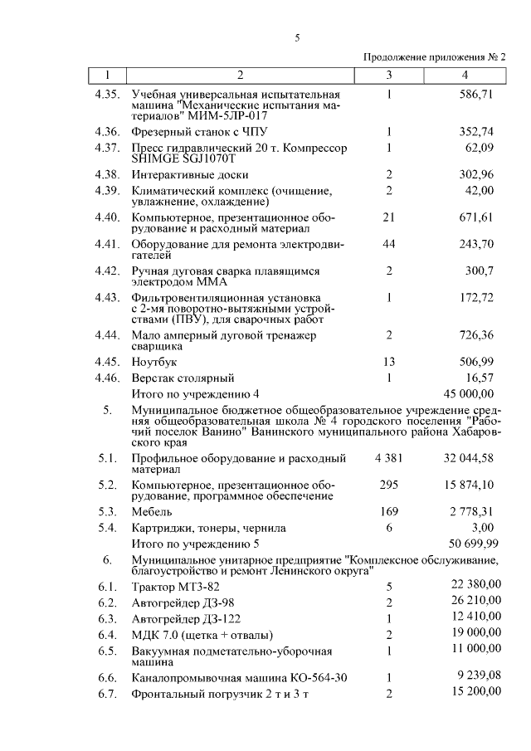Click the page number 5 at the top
(296, 37)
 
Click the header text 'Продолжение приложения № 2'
(435, 57)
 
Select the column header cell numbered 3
(388, 76)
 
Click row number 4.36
(108, 132)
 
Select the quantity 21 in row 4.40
(388, 217)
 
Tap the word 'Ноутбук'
(154, 362)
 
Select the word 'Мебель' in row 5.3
(153, 511)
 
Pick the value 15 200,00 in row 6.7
(473, 692)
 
